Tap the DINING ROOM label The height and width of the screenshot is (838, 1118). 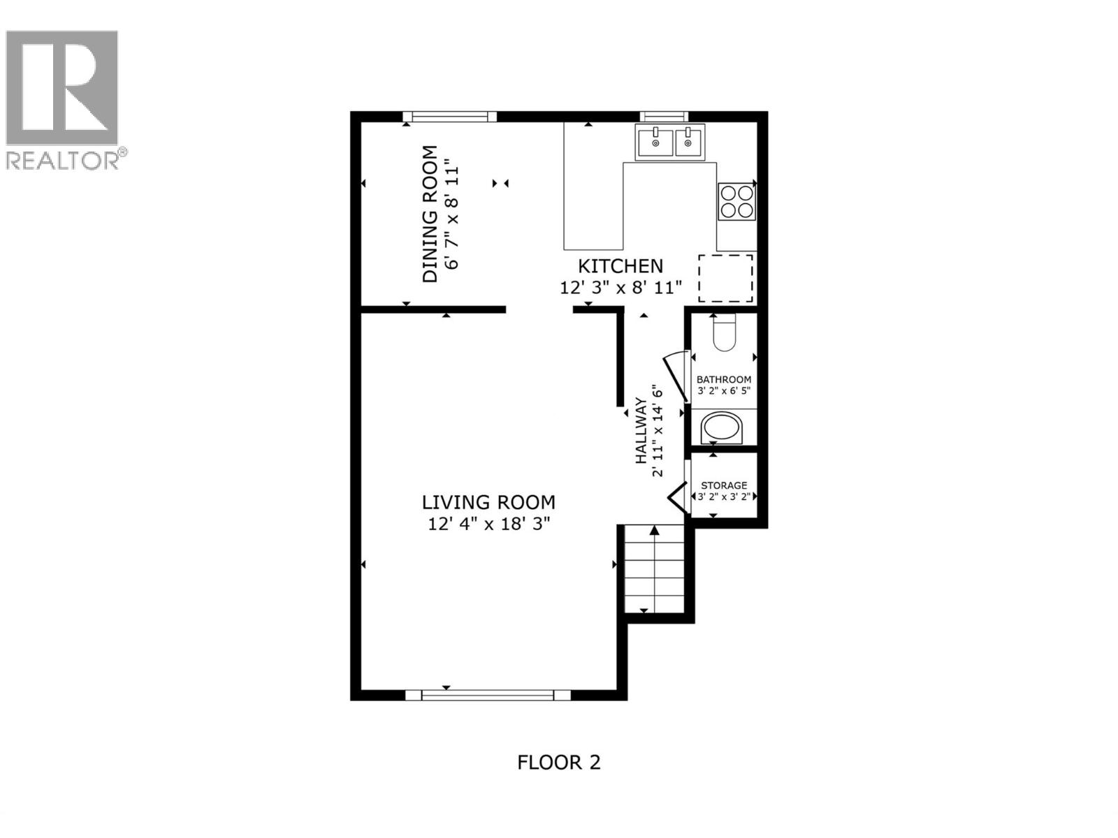click(x=430, y=214)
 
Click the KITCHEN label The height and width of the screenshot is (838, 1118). click(x=620, y=266)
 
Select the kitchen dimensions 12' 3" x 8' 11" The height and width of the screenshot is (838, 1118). click(x=620, y=288)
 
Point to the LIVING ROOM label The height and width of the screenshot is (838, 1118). click(x=488, y=502)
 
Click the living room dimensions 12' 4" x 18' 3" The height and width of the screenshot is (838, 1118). click(x=489, y=524)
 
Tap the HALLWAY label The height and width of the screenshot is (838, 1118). click(x=640, y=431)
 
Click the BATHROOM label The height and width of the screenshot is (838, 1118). click(x=724, y=379)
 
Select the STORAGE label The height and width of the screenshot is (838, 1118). click(x=724, y=485)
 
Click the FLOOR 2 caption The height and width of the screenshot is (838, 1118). click(x=558, y=762)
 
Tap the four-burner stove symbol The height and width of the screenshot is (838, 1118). click(x=736, y=201)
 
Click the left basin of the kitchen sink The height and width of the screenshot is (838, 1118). click(x=655, y=142)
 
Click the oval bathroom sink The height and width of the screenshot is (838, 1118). click(x=723, y=427)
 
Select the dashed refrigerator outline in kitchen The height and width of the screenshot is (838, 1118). click(x=726, y=278)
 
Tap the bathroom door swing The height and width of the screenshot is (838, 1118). click(x=676, y=377)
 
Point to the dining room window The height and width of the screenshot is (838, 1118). click(x=450, y=117)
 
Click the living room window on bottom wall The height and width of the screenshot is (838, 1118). click(x=488, y=695)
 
